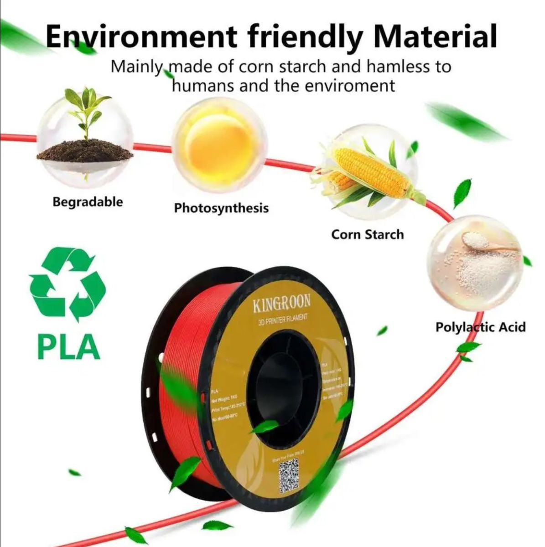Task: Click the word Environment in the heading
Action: (x=141, y=36)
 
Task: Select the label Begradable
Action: (x=88, y=201)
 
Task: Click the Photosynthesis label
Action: (x=221, y=208)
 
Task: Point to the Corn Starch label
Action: (x=367, y=234)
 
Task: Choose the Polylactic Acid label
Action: (x=480, y=327)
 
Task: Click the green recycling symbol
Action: (x=67, y=284)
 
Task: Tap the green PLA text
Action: (x=68, y=347)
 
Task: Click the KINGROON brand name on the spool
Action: (x=282, y=303)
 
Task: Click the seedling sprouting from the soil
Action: (x=87, y=109)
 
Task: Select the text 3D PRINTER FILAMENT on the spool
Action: (x=283, y=319)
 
